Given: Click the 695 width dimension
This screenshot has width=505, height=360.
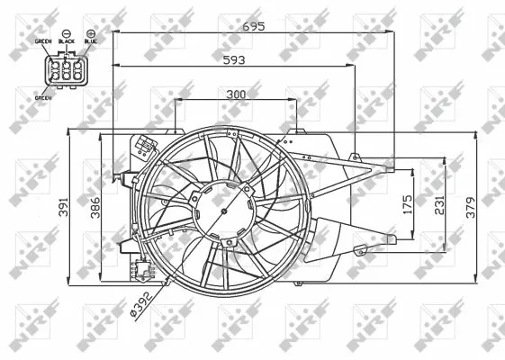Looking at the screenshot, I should (x=253, y=27).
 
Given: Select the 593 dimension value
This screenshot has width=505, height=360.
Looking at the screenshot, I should (x=234, y=58).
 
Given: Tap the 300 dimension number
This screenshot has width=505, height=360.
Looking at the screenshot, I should (x=237, y=94).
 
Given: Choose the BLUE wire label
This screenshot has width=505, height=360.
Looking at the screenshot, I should (x=90, y=40).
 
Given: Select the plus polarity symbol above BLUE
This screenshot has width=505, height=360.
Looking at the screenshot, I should (x=91, y=32).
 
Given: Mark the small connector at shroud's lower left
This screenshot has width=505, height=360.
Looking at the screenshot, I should (x=140, y=268).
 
